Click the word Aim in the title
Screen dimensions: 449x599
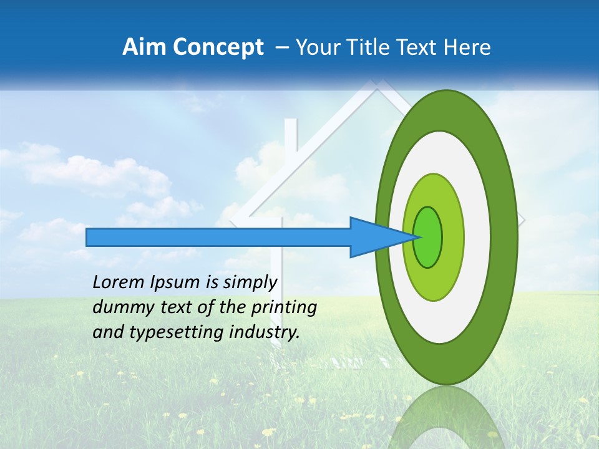[144, 47]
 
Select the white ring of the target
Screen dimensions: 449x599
[477, 237]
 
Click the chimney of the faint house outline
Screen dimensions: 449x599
[291, 143]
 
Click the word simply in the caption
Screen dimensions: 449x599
[250, 282]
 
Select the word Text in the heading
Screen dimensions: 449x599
[425, 47]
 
